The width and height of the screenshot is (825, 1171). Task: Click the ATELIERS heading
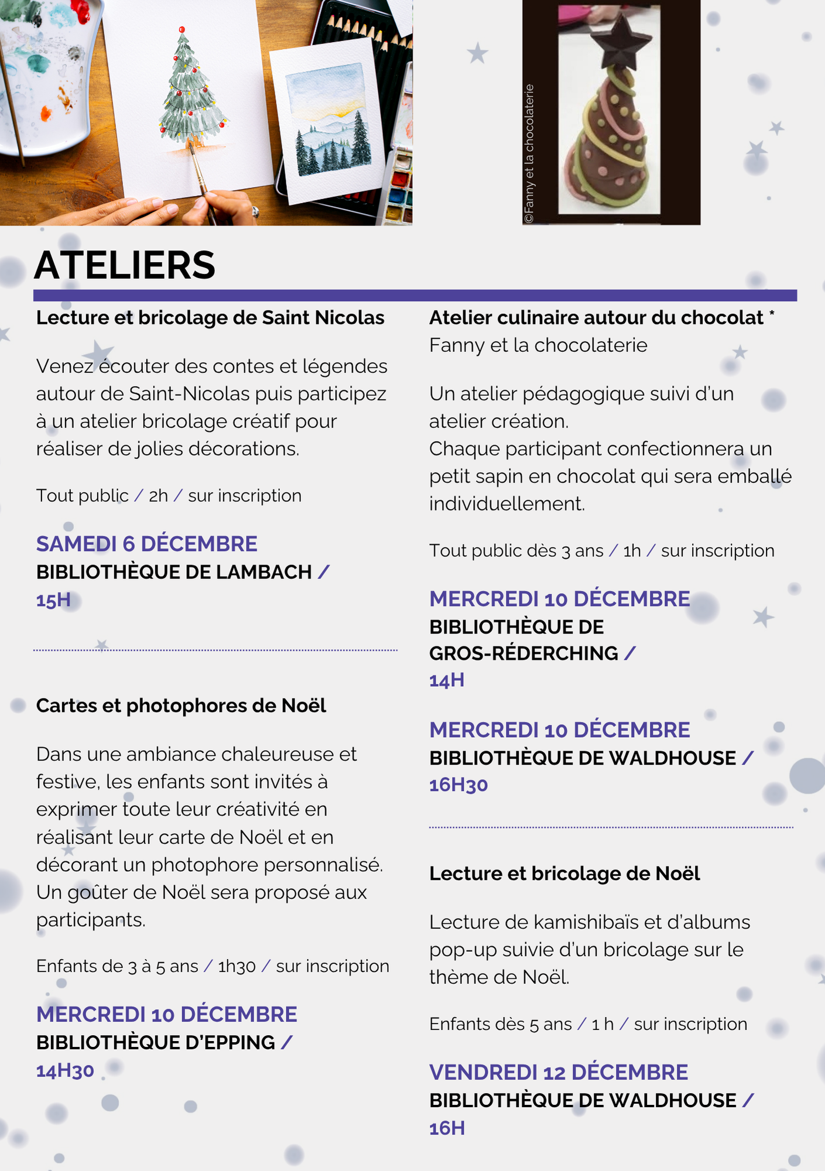point(125,265)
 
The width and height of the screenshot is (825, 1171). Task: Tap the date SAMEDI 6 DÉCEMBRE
point(146,544)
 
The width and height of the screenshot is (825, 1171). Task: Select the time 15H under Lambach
point(53,600)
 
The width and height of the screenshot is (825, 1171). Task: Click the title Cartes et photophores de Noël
point(181,706)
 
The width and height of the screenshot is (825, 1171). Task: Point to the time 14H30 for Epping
point(65,1071)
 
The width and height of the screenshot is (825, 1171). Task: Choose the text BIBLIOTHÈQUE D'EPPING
point(155,1043)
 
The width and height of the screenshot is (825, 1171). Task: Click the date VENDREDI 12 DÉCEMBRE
point(559,1073)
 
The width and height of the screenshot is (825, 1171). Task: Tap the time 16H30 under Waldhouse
point(458,785)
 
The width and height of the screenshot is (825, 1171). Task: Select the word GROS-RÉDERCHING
point(523,653)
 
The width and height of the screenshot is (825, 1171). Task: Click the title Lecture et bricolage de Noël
point(564,874)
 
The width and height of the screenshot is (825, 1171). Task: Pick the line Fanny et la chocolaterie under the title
point(538,345)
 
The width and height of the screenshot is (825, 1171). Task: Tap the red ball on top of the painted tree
point(182,29)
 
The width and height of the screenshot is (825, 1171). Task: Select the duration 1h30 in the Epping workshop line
point(237,966)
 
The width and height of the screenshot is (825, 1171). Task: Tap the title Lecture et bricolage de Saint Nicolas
point(210,318)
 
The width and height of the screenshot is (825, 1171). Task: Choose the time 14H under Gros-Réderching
point(447,680)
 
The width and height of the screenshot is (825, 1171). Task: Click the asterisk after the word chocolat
point(772,314)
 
